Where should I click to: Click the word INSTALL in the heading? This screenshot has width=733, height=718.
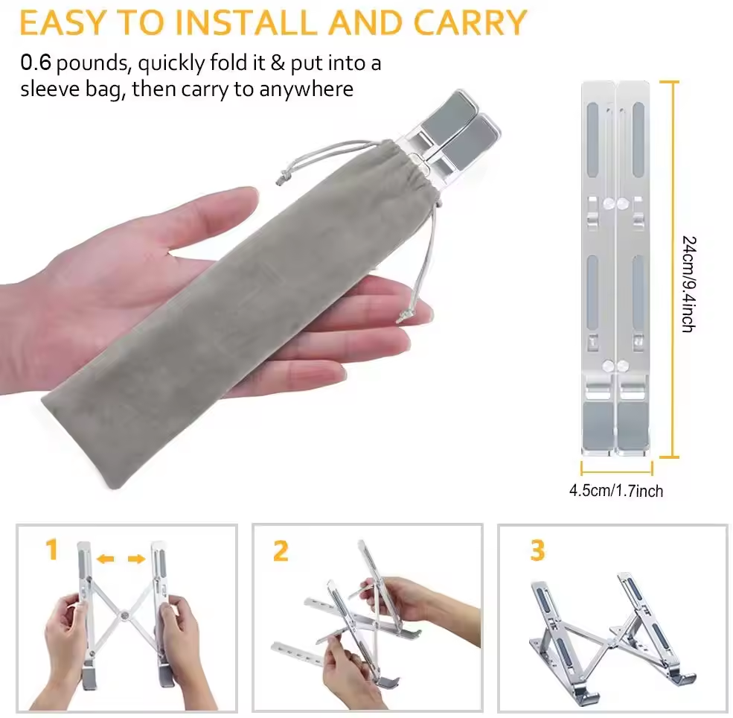[x=246, y=22]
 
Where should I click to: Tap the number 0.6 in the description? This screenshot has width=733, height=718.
[x=36, y=63]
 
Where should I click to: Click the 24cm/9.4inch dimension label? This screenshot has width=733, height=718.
[x=688, y=284]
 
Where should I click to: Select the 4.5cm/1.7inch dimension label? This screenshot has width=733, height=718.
[x=616, y=491]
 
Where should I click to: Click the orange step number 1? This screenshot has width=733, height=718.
[x=52, y=549]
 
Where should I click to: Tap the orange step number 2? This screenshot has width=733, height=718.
[x=281, y=551]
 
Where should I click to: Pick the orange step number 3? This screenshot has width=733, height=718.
[x=537, y=550]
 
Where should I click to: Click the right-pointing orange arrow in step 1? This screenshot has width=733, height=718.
[x=136, y=559]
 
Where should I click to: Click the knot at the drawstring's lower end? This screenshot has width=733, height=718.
[x=403, y=317]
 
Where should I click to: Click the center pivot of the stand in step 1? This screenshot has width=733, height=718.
[x=124, y=615]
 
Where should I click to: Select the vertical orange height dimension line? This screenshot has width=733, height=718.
[x=673, y=269]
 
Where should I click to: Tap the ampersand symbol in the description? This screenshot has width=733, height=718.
[x=278, y=63]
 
